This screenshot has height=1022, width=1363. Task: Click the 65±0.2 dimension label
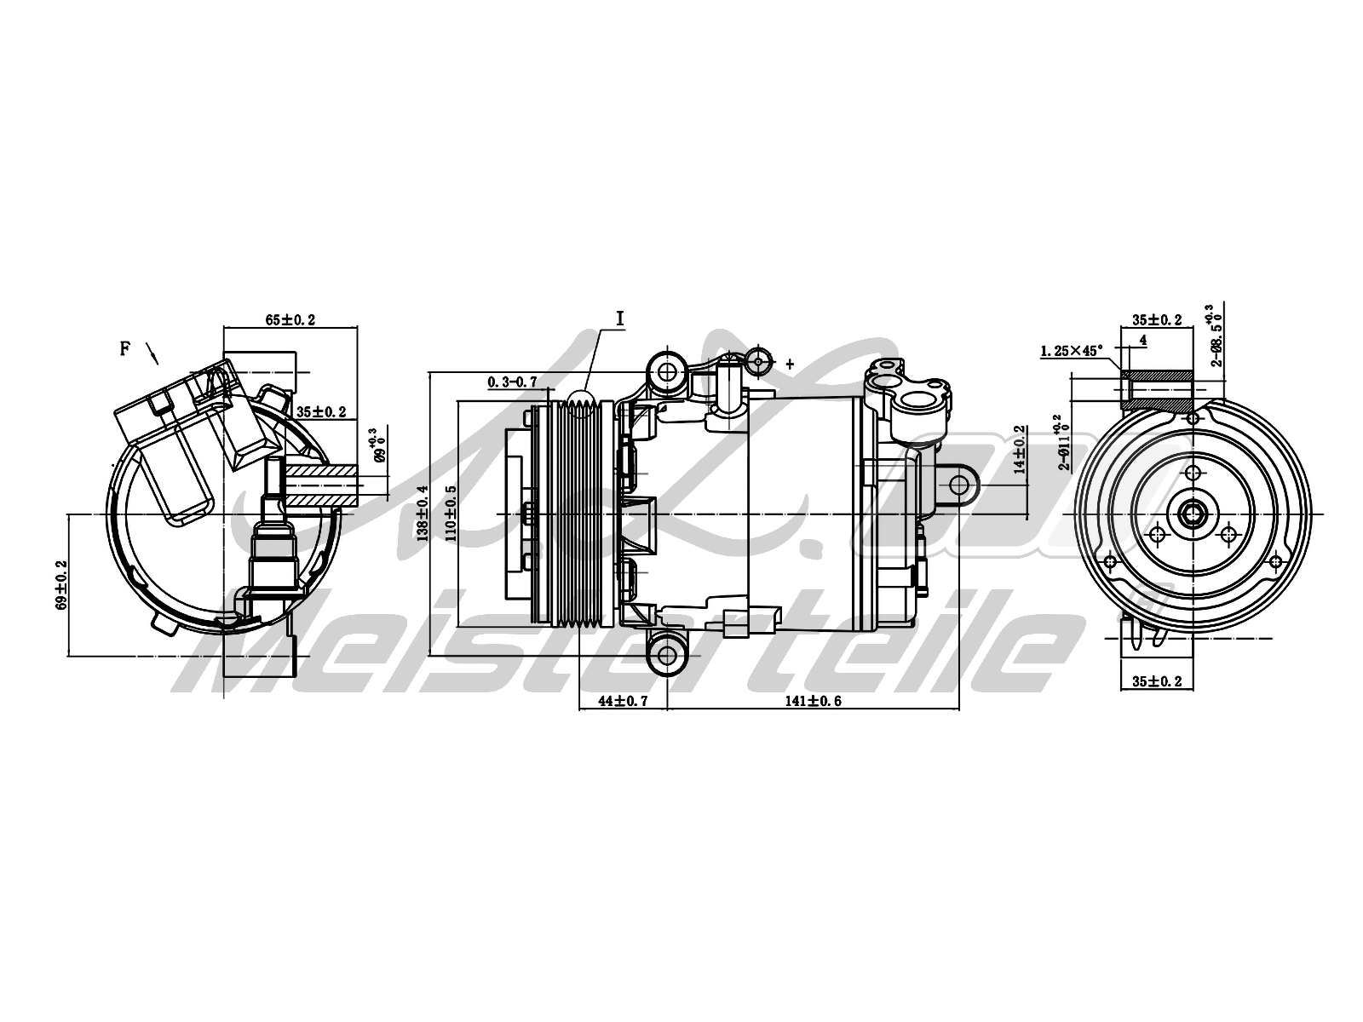290,319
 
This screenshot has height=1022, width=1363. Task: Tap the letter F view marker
125,347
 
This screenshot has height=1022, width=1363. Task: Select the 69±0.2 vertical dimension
60,584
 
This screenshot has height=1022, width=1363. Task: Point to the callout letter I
620,318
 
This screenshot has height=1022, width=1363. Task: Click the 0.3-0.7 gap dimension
512,382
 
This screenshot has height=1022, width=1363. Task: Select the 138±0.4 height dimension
421,514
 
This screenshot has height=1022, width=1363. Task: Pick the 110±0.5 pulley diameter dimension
449,514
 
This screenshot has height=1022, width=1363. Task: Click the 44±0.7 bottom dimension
622,701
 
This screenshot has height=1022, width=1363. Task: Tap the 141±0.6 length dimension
813,701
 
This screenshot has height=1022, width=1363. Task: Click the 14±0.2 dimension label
1017,450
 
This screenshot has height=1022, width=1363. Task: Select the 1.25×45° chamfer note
1071,350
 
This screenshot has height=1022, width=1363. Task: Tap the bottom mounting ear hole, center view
667,654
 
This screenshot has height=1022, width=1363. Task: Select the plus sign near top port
789,364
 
